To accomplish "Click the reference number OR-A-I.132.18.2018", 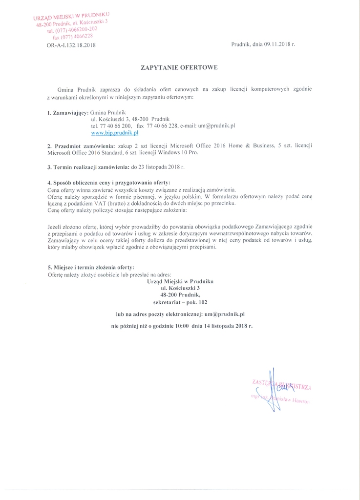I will [67, 45].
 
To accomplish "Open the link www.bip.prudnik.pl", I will [115, 132].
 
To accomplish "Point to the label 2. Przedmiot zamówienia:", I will [81, 146].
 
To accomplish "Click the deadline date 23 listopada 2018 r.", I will [162, 167].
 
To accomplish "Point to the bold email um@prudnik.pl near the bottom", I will [225, 313].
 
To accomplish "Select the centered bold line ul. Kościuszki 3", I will [180, 288].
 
